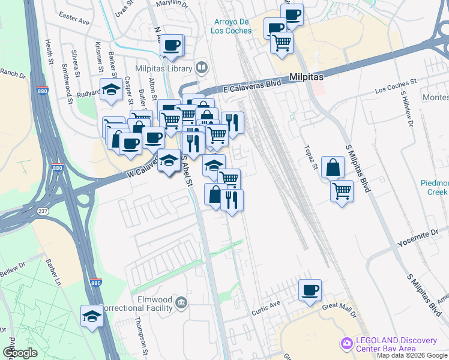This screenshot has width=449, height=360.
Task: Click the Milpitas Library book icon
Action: (x=202, y=68)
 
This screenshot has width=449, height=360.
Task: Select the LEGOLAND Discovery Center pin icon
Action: (x=346, y=344)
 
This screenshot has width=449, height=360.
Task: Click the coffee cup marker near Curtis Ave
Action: (x=310, y=290)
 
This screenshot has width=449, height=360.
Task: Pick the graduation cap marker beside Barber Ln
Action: (x=92, y=316)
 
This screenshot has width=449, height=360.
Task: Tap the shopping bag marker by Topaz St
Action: (x=333, y=167)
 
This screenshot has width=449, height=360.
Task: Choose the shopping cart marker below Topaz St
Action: (x=342, y=191)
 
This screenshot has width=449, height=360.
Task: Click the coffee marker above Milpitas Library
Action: (x=172, y=46)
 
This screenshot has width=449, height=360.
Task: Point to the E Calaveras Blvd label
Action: (x=252, y=87)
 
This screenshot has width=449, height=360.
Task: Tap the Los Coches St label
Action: (x=396, y=86)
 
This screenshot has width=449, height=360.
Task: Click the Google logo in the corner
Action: (x=20, y=353)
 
